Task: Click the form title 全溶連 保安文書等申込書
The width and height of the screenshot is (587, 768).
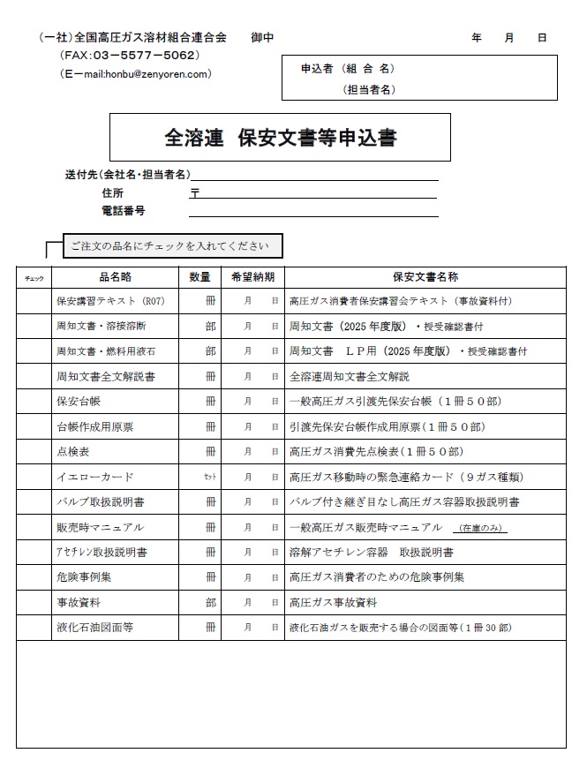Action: click(x=280, y=138)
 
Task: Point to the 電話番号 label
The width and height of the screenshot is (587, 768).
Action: click(x=124, y=211)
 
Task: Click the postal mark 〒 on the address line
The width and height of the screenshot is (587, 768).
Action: click(x=194, y=192)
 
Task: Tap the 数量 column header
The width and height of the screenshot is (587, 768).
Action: click(x=199, y=276)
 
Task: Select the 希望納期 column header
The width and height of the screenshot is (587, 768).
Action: click(x=252, y=276)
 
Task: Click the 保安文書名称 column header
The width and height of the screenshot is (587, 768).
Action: click(x=425, y=276)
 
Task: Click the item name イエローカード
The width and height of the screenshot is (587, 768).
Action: click(x=94, y=477)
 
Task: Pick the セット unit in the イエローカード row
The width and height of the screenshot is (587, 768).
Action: click(x=209, y=477)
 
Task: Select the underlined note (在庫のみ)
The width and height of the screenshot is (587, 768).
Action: click(x=479, y=528)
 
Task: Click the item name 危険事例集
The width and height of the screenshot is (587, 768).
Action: click(x=84, y=577)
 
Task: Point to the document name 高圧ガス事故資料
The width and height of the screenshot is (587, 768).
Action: click(x=334, y=602)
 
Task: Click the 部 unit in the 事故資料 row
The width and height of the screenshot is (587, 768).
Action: click(x=210, y=602)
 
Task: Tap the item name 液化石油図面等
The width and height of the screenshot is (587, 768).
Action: click(x=94, y=628)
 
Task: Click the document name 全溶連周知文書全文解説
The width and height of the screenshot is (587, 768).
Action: click(x=350, y=376)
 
